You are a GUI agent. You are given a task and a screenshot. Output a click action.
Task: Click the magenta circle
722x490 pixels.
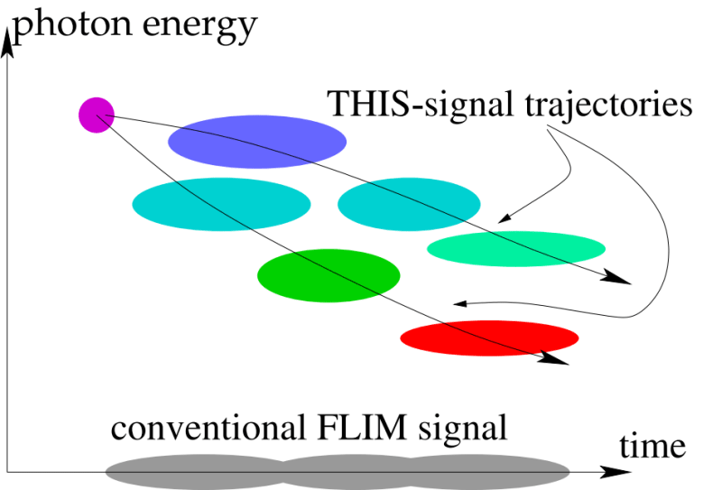(x=96, y=115)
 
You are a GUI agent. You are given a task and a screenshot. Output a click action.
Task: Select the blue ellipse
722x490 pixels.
(x=257, y=140)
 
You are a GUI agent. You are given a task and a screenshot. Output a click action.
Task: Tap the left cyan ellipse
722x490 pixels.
(x=221, y=205)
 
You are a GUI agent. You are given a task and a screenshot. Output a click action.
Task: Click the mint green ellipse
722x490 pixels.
(x=515, y=248)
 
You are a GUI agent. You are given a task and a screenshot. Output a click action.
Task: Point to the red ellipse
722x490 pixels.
(x=489, y=338)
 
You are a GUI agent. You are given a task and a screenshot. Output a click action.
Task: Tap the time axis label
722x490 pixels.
(x=653, y=444)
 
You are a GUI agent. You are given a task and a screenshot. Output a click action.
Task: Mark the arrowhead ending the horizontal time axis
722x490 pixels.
(x=617, y=471)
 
